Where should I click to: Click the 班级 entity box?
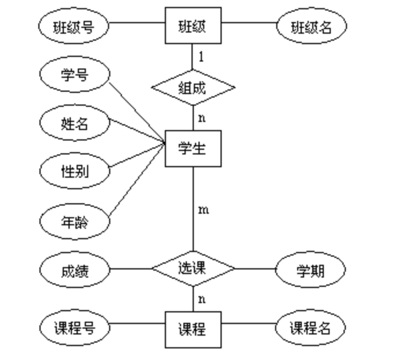(x=193, y=26)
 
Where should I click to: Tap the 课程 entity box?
(x=193, y=329)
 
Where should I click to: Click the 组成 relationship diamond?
(x=193, y=88)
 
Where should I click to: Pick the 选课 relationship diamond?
(x=193, y=268)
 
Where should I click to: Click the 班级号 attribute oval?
(x=73, y=26)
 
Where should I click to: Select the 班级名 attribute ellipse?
(x=312, y=26)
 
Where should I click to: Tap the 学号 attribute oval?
(x=74, y=74)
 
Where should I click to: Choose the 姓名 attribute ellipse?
(x=74, y=123)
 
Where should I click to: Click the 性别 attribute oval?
(x=74, y=171)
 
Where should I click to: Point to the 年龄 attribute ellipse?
(x=74, y=221)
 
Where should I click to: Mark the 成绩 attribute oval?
(x=74, y=269)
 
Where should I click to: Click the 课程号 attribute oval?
(x=74, y=329)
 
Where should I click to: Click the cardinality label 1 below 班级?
(x=201, y=57)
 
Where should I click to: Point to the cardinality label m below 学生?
(x=203, y=210)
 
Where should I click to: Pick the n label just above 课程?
(x=201, y=300)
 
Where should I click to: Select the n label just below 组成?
(x=201, y=118)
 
